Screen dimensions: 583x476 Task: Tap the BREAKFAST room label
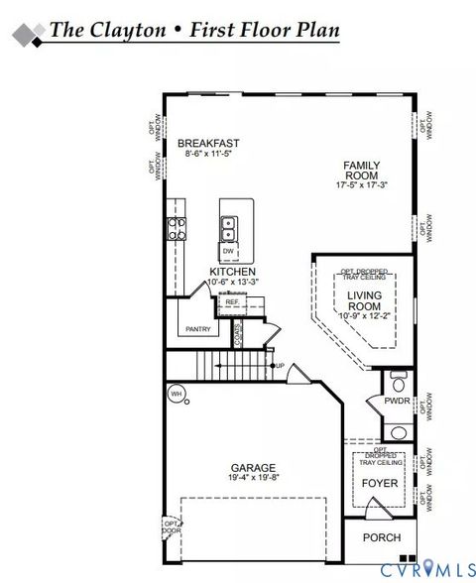[208, 144]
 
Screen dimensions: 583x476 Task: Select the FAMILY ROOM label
[361, 171]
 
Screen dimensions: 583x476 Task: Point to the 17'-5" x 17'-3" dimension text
[361, 185]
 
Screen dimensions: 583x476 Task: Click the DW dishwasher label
[228, 252]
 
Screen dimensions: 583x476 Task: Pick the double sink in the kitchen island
[228, 228]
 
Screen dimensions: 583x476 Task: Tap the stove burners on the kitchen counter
[178, 229]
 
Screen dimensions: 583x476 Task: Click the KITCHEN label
[233, 272]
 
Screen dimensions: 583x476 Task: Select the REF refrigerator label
[232, 302]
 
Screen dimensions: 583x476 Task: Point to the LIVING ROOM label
[364, 300]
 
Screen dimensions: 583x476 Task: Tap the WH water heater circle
[177, 394]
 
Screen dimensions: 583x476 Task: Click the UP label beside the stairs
[281, 367]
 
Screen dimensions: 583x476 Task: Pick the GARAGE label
[253, 467]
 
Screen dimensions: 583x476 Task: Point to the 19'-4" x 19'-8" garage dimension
[253, 478]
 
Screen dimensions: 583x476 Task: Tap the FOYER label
[379, 483]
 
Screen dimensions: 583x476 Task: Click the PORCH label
[382, 538]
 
